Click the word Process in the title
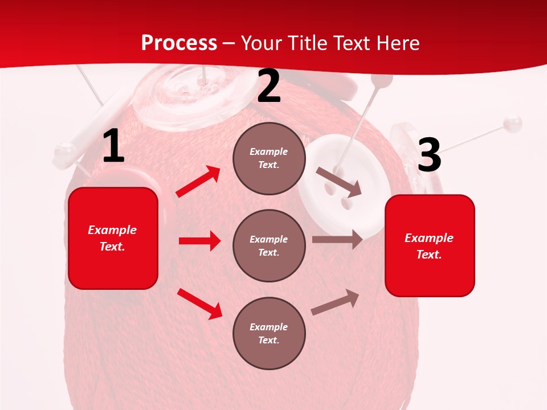pos(179,43)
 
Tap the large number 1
pos(113,146)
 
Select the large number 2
pos(269,87)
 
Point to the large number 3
pos(429,155)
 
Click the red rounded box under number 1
pos(113,238)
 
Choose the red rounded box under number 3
pos(430,245)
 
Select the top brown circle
pos(269,158)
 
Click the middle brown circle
pos(269,245)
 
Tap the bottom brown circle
pos(269,333)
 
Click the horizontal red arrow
pos(199,241)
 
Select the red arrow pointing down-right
pos(200,303)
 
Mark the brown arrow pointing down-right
pos(339,182)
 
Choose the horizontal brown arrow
pos(337,240)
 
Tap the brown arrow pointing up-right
pos(335,302)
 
